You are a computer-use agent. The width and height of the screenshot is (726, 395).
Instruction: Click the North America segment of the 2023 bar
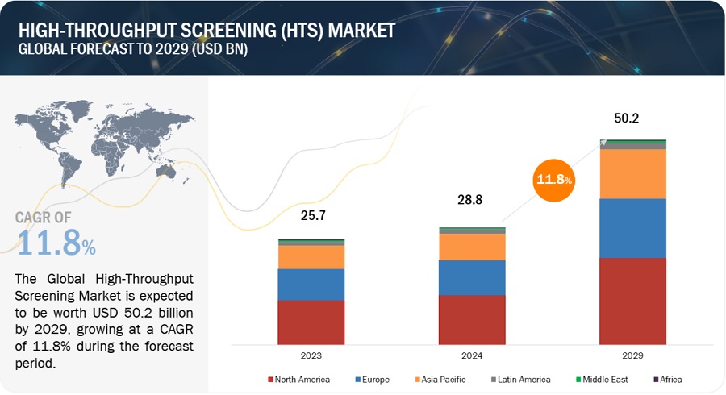311,322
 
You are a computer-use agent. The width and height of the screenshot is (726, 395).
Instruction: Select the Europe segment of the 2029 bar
632,228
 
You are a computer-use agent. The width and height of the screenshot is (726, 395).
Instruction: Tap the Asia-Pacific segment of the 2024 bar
472,247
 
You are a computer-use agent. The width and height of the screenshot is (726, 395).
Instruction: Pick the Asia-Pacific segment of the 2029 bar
632,173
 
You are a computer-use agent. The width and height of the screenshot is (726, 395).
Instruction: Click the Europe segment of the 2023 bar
311,285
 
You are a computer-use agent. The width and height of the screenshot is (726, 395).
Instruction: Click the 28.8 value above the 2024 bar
472,199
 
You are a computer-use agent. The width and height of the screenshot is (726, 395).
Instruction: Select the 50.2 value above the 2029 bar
632,118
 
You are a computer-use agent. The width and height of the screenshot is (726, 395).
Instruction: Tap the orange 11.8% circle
553,179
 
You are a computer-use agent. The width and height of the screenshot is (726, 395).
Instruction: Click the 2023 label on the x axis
311,355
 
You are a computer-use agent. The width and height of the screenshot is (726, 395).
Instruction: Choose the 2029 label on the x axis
632,355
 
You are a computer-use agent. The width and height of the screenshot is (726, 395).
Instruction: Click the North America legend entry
301,379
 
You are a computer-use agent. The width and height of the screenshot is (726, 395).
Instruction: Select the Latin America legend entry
519,379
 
